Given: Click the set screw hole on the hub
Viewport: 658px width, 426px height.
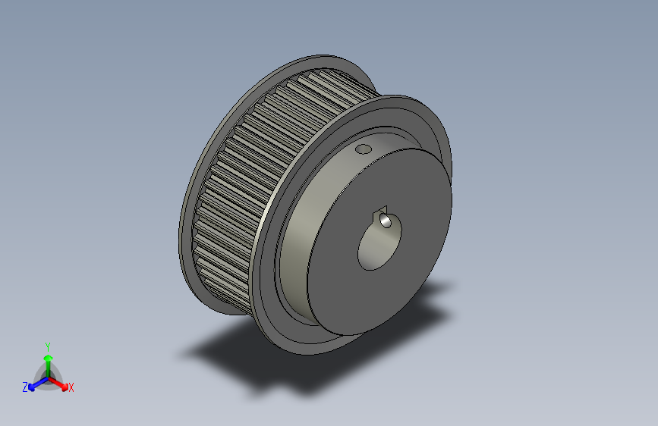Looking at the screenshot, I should click(364, 149).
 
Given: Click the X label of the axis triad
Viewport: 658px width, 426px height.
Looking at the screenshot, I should click(71, 388).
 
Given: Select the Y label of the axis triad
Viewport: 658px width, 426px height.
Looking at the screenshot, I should click(47, 345).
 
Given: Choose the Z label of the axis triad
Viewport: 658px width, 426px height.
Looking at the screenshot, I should click(25, 387).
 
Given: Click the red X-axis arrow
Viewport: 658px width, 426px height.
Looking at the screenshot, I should click(62, 384).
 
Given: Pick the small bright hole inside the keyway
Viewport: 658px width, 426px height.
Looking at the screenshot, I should click(386, 221).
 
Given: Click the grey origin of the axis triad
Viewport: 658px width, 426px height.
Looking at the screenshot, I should click(47, 377).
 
